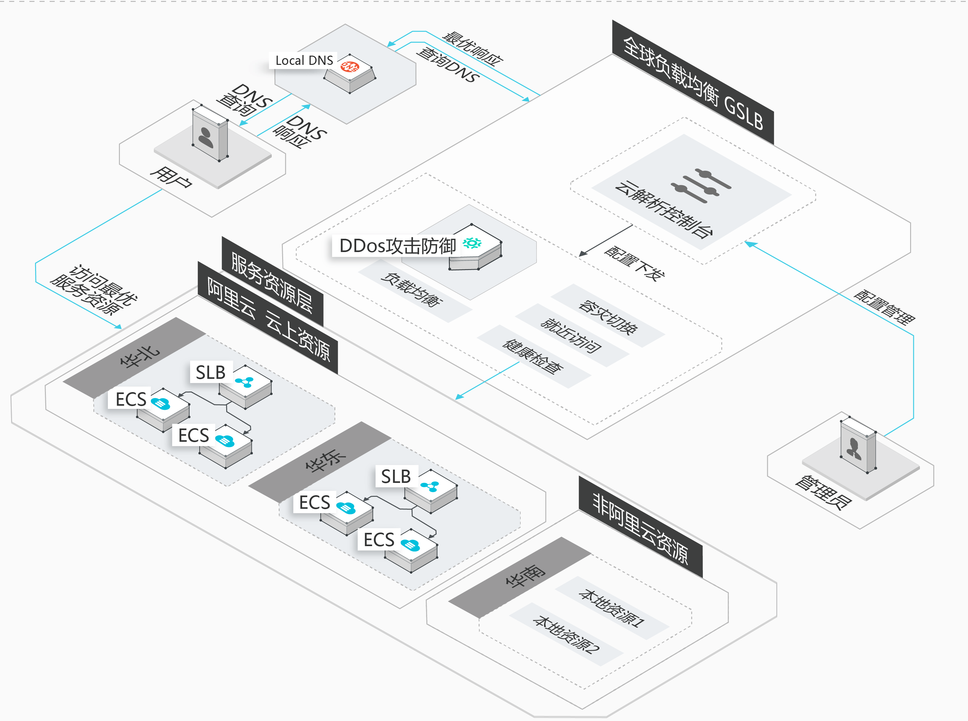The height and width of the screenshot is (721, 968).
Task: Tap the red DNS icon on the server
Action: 350,66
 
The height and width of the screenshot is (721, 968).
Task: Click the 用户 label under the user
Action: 171,177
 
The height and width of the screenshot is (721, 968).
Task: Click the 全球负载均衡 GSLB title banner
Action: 693,83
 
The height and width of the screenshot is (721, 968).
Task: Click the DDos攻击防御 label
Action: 398,246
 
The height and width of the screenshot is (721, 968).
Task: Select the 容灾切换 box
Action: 608,316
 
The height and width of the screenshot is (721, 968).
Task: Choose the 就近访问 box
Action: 572,335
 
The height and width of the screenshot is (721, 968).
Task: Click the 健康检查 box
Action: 534,357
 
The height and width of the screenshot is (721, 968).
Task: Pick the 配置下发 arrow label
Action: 634,263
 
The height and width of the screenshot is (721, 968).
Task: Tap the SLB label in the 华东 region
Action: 396,476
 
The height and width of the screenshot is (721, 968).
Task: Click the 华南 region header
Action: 519,577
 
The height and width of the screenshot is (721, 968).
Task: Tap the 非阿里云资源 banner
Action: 641,527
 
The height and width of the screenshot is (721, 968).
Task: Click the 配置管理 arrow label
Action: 884,307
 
